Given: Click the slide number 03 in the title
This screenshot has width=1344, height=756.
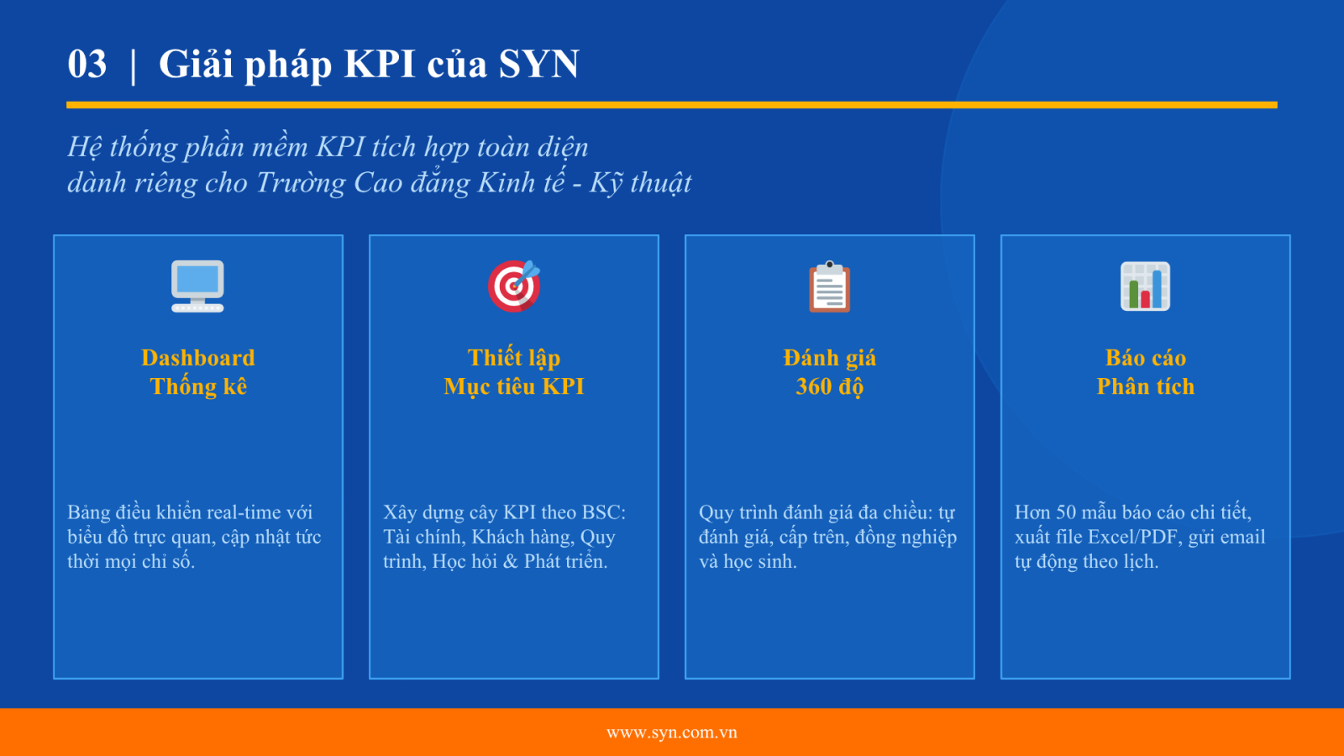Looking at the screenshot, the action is click(87, 64).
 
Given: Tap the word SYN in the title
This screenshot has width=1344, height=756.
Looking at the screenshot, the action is click(538, 64).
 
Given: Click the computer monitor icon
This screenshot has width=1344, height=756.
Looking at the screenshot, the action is click(197, 286).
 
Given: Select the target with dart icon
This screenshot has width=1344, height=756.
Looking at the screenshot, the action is click(514, 286).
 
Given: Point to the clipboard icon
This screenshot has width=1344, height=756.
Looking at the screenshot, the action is click(830, 286).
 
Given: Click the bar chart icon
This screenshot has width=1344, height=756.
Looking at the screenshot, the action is click(1146, 286).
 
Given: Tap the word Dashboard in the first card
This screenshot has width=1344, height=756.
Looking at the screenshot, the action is click(198, 358).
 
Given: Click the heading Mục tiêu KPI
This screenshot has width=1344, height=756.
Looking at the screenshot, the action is click(514, 386).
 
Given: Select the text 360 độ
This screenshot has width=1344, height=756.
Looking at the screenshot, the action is click(830, 386).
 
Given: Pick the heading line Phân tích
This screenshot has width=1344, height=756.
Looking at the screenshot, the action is click(1146, 386).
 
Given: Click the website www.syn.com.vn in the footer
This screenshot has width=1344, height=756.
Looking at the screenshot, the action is click(672, 732).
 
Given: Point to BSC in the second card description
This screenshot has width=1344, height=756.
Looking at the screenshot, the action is click(604, 512).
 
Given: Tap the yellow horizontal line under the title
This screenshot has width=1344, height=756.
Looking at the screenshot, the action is click(672, 105).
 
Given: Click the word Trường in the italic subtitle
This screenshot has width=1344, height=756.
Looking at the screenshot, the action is click(300, 182).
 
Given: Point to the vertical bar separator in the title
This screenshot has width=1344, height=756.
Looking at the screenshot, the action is click(133, 65).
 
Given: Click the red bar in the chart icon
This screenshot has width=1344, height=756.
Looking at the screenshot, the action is click(1146, 299).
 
